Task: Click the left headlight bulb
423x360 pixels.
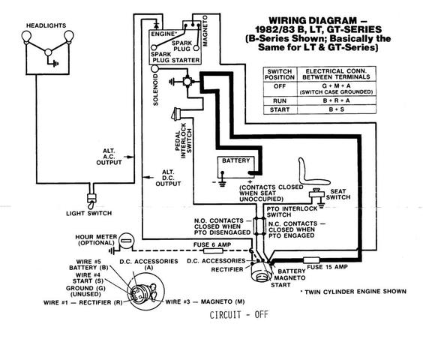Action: click(x=26, y=37)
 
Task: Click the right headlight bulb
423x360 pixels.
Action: click(x=69, y=37)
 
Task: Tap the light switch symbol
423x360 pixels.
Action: click(x=91, y=200)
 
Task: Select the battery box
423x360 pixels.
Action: click(x=236, y=167)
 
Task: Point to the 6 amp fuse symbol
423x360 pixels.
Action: click(x=213, y=251)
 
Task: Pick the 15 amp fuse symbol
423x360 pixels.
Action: click(x=311, y=260)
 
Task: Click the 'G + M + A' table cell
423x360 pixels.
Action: click(x=337, y=89)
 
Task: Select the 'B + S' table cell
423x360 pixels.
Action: click(x=337, y=109)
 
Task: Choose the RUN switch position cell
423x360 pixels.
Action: click(x=280, y=100)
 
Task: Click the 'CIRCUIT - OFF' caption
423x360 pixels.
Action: click(x=239, y=315)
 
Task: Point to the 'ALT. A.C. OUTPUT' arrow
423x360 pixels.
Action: click(x=129, y=157)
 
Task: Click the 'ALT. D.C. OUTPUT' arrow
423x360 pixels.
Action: click(x=148, y=178)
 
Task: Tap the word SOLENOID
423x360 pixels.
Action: click(x=156, y=90)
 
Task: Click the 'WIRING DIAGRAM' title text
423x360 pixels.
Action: click(x=318, y=21)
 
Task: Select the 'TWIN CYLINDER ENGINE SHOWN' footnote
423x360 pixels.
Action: click(x=353, y=292)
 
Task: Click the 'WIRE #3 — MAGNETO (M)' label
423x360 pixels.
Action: click(x=205, y=302)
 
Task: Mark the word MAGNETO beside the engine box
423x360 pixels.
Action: click(x=205, y=31)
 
